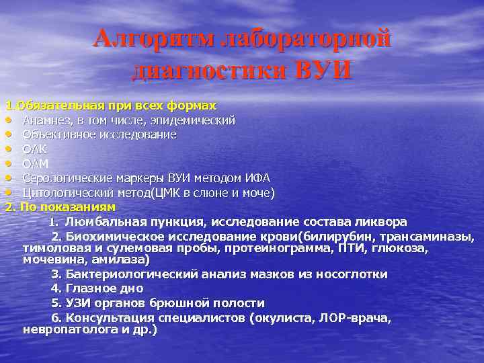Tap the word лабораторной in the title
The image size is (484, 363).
[313, 39]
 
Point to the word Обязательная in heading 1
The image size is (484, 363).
[60, 106]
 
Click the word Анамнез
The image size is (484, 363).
[46, 120]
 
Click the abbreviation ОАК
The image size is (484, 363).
[34, 149]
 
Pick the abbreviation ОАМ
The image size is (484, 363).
[35, 163]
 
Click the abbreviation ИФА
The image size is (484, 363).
[257, 178]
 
